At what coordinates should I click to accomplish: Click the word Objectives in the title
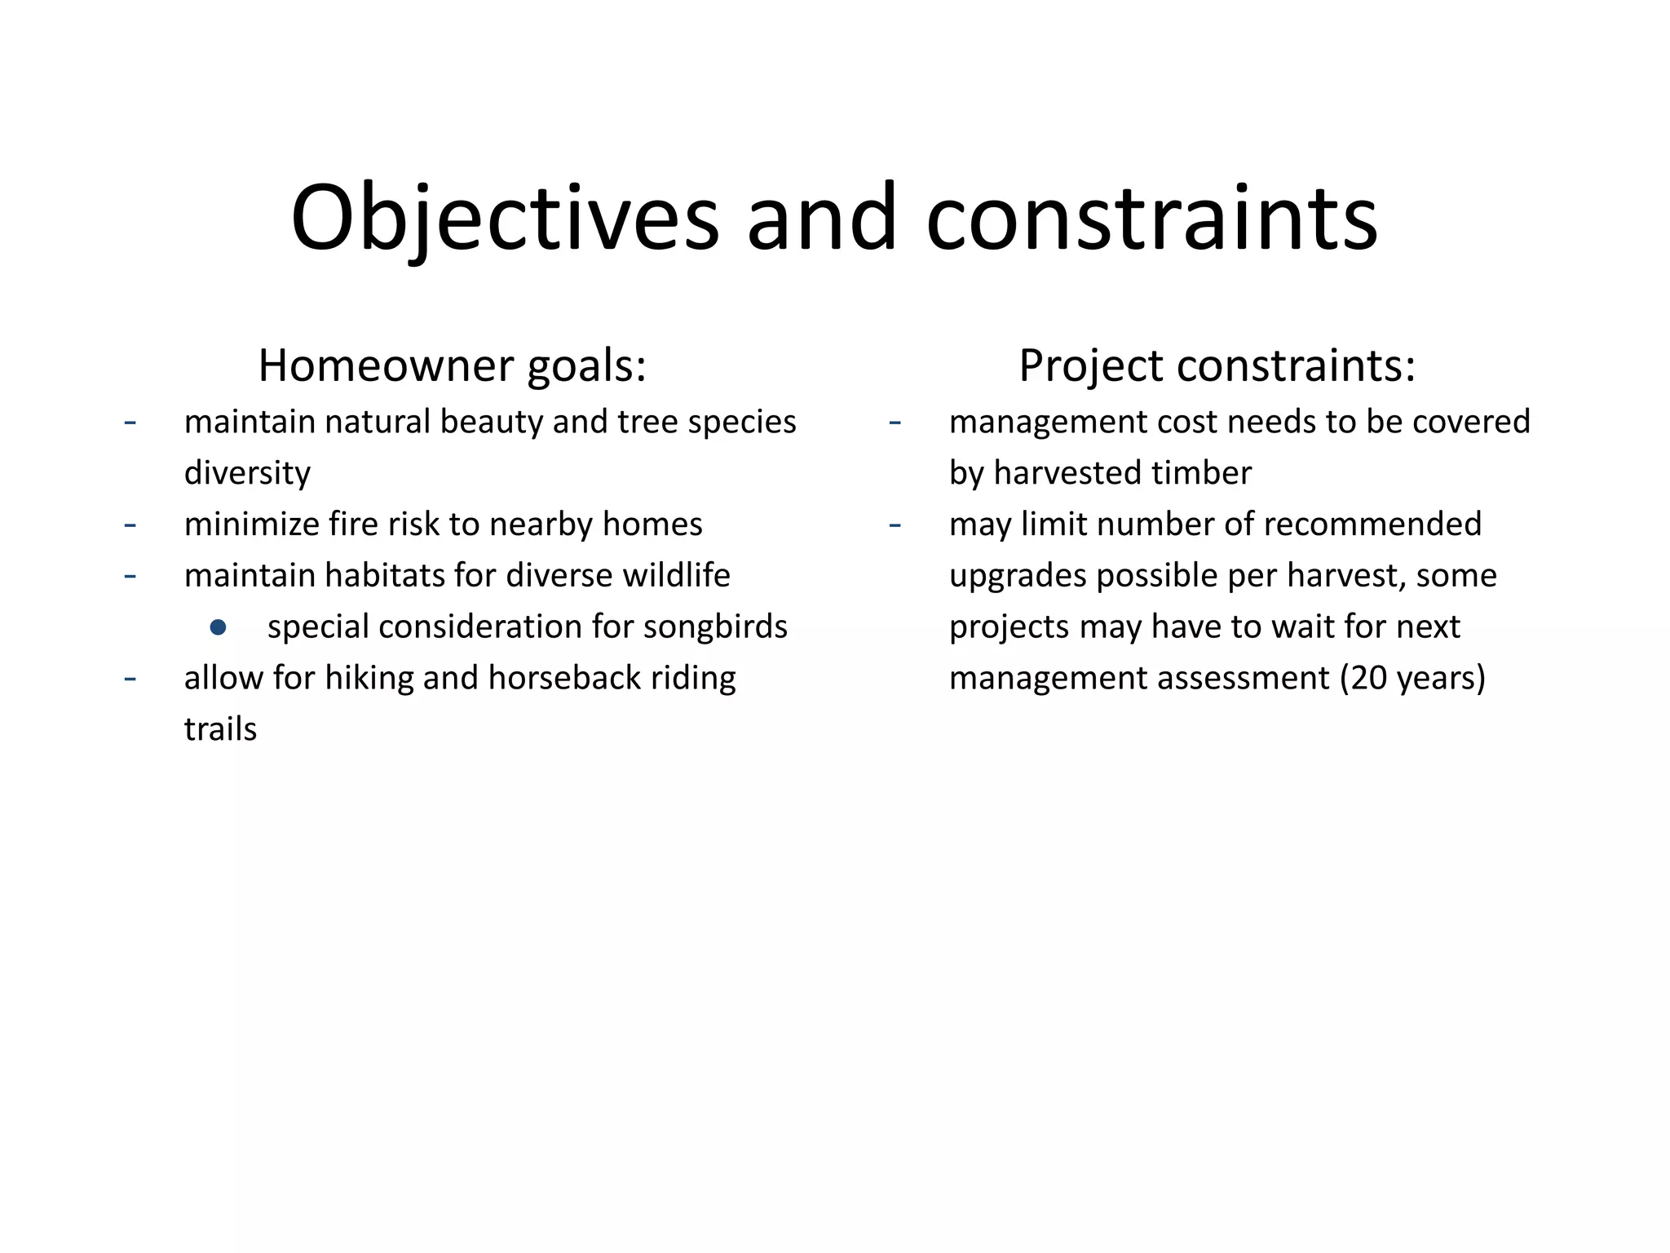point(505,219)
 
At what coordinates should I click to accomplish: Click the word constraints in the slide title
point(1151,219)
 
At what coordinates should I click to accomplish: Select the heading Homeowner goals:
point(452,365)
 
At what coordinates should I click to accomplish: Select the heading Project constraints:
point(1217,365)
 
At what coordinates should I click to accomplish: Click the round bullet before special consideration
point(218,627)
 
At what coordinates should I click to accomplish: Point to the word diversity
point(247,473)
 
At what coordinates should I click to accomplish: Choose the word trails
point(220,729)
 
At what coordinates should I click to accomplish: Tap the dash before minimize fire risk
point(130,525)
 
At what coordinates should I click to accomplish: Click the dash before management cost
point(895,423)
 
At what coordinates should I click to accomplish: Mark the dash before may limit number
point(895,525)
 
